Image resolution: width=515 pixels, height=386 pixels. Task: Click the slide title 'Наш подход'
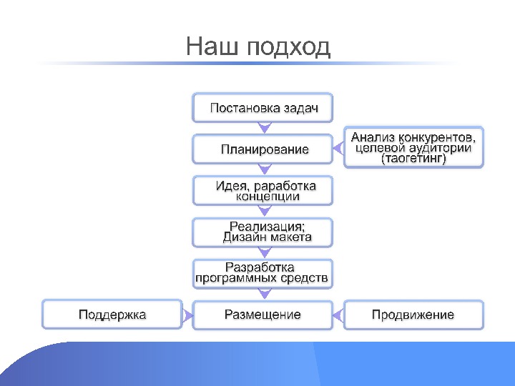(x=257, y=47)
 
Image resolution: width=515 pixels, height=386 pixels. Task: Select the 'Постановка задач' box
(x=263, y=108)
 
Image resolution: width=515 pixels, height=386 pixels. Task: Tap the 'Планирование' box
(x=263, y=149)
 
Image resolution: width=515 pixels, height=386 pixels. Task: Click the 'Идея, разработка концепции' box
(x=263, y=190)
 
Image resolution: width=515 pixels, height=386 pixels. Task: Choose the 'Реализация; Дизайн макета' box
(x=263, y=232)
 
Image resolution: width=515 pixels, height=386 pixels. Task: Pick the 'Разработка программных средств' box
(x=263, y=272)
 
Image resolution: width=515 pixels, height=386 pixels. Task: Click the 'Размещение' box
(x=263, y=315)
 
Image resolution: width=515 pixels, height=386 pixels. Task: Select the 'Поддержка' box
(x=112, y=315)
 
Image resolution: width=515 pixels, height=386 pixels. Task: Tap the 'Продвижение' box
(x=413, y=315)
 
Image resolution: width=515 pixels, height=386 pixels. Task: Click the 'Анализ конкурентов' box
(x=413, y=147)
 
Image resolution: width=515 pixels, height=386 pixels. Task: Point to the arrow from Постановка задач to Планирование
(x=265, y=129)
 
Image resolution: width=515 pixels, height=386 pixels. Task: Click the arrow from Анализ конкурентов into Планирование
(x=337, y=149)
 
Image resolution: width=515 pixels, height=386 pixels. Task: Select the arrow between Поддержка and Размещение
(x=187, y=315)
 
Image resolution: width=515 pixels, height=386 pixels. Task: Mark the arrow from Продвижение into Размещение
(x=338, y=315)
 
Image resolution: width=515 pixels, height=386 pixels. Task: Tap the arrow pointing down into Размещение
(x=265, y=294)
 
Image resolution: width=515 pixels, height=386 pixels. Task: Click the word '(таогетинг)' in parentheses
(x=413, y=159)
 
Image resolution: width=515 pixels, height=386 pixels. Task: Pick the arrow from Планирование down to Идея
(x=265, y=170)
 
